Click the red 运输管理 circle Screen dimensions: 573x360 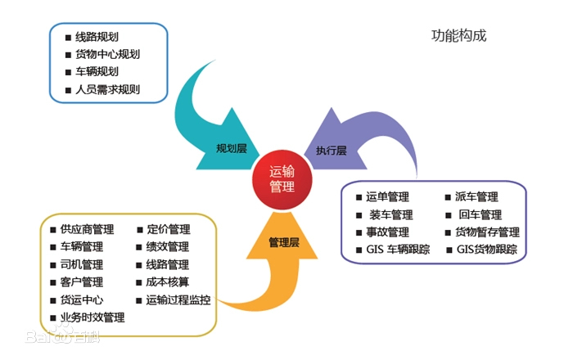coord(282,180)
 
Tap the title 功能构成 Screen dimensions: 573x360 coord(458,36)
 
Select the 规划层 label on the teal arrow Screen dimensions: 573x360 coord(232,149)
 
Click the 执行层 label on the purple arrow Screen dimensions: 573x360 coord(331,151)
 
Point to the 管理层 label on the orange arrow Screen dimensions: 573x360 coord(284,242)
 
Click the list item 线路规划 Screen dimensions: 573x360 coord(97,37)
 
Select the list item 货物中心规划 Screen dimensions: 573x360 coord(107,54)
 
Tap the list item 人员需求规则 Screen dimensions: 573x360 coord(107,89)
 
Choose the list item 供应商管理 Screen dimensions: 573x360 coord(87,229)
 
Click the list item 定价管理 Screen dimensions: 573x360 coord(169,229)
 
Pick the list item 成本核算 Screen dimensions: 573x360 coord(167,282)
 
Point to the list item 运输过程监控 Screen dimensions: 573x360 coord(178,299)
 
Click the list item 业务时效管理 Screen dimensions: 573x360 coord(92,317)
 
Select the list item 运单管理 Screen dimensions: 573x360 coord(388,197)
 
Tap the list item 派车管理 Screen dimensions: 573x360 coord(476,197)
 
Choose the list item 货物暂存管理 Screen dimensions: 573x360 coord(487,232)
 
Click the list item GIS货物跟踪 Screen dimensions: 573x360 coord(487,250)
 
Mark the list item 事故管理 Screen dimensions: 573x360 coord(388,232)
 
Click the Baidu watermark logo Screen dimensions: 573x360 coord(62,335)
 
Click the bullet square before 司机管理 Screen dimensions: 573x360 coord(53,265)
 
